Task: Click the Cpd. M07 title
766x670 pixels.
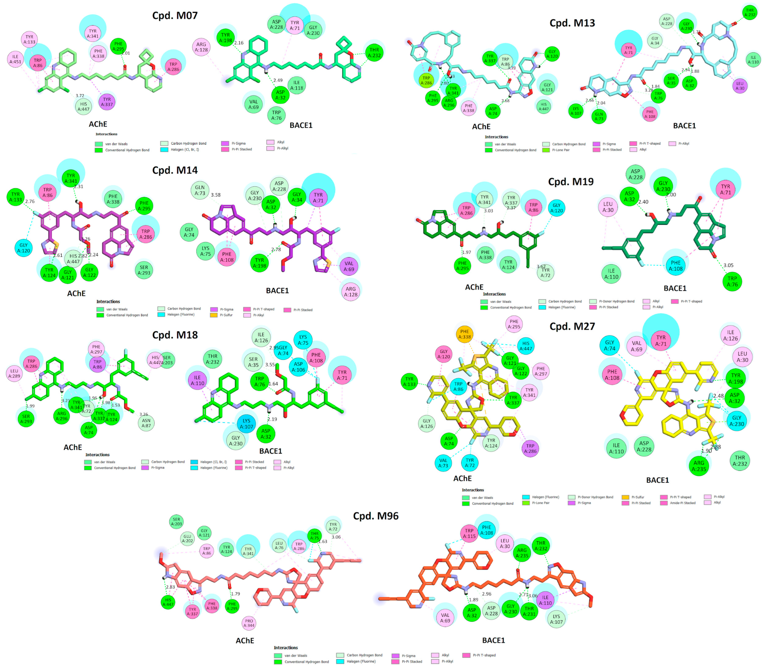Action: [175, 15]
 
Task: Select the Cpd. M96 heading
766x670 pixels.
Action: [375, 516]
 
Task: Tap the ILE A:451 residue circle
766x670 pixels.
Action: [15, 59]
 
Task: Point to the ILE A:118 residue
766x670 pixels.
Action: [296, 85]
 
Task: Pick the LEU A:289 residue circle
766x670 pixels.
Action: [14, 373]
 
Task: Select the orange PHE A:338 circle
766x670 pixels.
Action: [464, 334]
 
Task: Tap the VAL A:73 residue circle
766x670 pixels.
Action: [443, 463]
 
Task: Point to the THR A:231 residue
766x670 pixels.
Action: [529, 611]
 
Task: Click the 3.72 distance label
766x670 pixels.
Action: [80, 96]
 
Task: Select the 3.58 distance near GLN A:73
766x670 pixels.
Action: [216, 195]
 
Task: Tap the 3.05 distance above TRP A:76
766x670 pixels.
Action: [728, 265]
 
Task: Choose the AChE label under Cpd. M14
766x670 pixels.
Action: [76, 294]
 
